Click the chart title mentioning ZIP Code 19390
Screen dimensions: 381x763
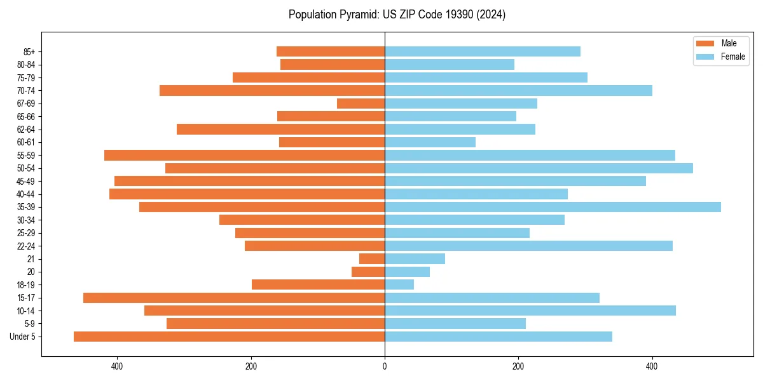(x=397, y=15)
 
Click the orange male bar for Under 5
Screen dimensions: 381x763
(x=229, y=337)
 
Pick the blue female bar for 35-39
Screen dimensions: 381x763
(x=553, y=207)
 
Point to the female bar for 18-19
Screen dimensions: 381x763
(x=399, y=284)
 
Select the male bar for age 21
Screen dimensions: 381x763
(x=372, y=258)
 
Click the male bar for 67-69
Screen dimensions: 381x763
(x=361, y=104)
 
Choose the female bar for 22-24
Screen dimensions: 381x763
(x=528, y=246)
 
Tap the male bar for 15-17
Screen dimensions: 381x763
(x=234, y=298)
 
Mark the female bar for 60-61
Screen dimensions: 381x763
(x=430, y=142)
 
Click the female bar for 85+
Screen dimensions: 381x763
(x=483, y=51)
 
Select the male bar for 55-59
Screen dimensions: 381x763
(x=244, y=155)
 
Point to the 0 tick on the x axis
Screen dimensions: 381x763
(x=385, y=366)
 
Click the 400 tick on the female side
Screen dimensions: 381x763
(x=652, y=366)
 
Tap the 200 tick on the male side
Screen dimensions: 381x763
(x=251, y=366)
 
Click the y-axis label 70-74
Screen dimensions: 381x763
(x=25, y=91)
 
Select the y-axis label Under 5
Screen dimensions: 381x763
(x=23, y=337)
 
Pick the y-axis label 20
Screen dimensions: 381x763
(x=31, y=272)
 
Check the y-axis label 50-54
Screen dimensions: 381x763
(x=25, y=168)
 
